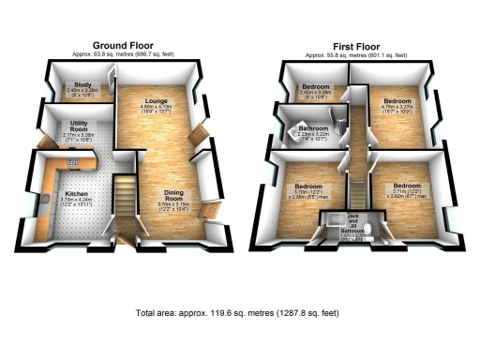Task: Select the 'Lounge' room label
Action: tap(156, 100)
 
